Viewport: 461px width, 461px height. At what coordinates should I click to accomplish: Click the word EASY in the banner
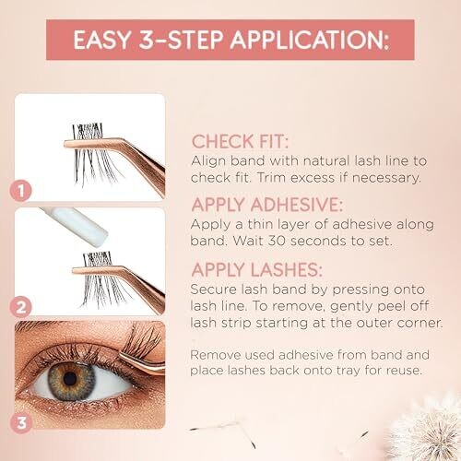point(102,40)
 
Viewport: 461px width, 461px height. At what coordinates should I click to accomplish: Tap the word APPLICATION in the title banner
point(310,40)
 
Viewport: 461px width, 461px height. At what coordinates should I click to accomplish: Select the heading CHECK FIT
point(240,142)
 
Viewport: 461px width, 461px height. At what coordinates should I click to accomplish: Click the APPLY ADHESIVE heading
point(266,205)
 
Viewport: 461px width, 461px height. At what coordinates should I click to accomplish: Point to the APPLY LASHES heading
point(256,270)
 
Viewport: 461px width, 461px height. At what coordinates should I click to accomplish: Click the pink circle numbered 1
point(21,191)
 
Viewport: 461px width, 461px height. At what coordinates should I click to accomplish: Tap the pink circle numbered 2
point(21,307)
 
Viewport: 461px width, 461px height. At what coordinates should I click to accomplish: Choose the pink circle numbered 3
point(21,423)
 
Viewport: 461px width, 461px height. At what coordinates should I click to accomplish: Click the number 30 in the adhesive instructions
point(277,241)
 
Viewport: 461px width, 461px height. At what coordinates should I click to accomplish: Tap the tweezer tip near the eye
point(122,355)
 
